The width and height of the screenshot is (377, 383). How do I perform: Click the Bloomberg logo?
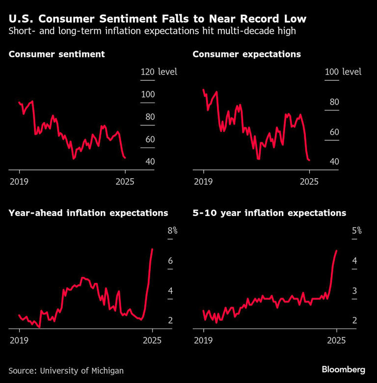click(343, 369)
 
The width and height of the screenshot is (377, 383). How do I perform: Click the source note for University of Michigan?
click(66, 370)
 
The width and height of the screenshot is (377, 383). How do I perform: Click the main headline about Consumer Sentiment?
click(158, 19)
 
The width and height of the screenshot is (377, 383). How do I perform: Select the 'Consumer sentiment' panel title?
click(57, 54)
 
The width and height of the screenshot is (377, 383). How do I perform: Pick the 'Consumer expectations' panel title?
click(246, 54)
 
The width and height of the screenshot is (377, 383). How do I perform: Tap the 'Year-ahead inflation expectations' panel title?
click(88, 213)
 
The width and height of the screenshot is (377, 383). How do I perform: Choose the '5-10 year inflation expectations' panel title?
click(269, 213)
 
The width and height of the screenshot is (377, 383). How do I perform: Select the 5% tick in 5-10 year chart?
click(356, 231)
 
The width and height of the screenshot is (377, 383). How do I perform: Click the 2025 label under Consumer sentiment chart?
click(125, 182)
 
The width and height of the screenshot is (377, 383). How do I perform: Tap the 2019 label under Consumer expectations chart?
click(204, 182)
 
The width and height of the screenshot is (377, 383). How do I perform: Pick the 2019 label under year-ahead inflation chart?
click(19, 340)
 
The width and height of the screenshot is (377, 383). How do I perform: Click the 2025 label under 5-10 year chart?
click(336, 340)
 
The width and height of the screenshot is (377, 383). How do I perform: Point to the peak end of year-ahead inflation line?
click(152, 249)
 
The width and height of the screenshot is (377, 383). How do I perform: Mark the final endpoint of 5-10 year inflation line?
click(336, 250)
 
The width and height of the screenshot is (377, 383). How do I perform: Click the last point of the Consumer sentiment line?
click(125, 158)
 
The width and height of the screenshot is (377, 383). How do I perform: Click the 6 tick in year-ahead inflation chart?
click(170, 261)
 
